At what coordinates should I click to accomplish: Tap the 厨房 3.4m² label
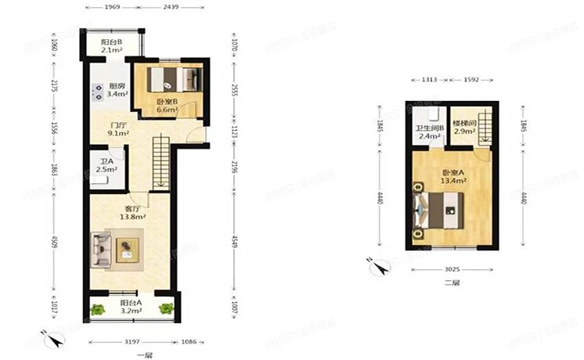point(117,91)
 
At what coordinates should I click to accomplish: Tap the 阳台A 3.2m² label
point(131,307)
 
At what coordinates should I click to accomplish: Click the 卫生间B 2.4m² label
point(430,132)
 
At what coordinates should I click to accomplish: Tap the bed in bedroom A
point(439,210)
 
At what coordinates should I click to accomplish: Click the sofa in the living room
point(101,249)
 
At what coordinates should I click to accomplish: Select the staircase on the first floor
point(160,161)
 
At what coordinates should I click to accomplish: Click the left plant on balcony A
point(97,309)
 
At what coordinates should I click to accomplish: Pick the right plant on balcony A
point(165,309)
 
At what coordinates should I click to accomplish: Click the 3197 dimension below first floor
point(131,342)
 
